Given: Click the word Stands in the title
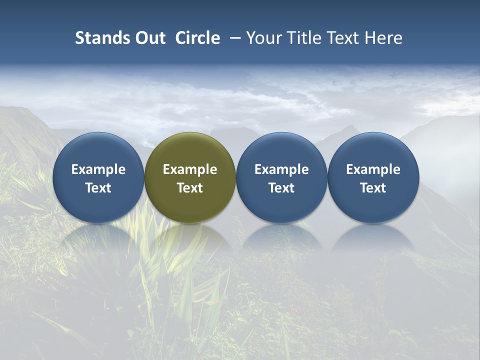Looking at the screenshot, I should pyautogui.click(x=101, y=38).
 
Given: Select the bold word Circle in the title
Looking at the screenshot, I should pyautogui.click(x=197, y=38).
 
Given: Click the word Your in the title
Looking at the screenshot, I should pyautogui.click(x=262, y=38).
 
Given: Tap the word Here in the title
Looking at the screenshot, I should pyautogui.click(x=382, y=38).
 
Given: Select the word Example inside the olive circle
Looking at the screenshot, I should pyautogui.click(x=190, y=169).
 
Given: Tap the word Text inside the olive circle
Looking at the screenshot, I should pyautogui.click(x=190, y=188).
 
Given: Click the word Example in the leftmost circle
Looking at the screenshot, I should pyautogui.click(x=98, y=169).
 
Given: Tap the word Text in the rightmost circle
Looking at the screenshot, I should pyautogui.click(x=373, y=188).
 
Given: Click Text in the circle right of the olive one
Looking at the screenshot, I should pyautogui.click(x=281, y=188).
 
